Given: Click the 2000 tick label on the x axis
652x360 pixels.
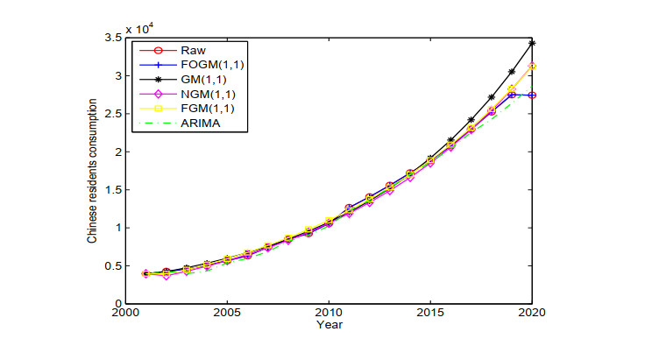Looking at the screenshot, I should [125, 313].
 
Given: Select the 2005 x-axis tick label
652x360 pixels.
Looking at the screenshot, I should [227, 313].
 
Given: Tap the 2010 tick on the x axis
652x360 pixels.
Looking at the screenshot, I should [329, 313].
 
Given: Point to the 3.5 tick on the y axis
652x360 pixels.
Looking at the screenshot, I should [112, 39].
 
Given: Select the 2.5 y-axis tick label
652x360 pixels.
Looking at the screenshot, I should [112, 114].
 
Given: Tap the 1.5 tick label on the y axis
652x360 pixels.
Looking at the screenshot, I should [112, 190].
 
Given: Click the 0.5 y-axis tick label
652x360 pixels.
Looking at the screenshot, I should [112, 266].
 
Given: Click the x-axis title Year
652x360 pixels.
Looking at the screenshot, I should [329, 324].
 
